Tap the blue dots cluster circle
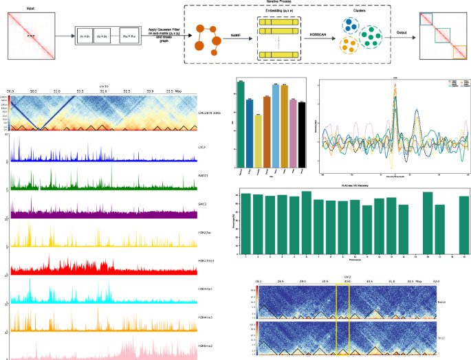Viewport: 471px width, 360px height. point(351,25)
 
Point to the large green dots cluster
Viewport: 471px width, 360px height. point(375,34)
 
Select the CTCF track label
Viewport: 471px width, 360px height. point(203,147)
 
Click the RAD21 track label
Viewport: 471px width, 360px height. point(203,175)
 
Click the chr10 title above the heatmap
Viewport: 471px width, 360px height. point(105,86)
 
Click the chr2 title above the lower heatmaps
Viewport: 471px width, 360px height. point(348,277)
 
